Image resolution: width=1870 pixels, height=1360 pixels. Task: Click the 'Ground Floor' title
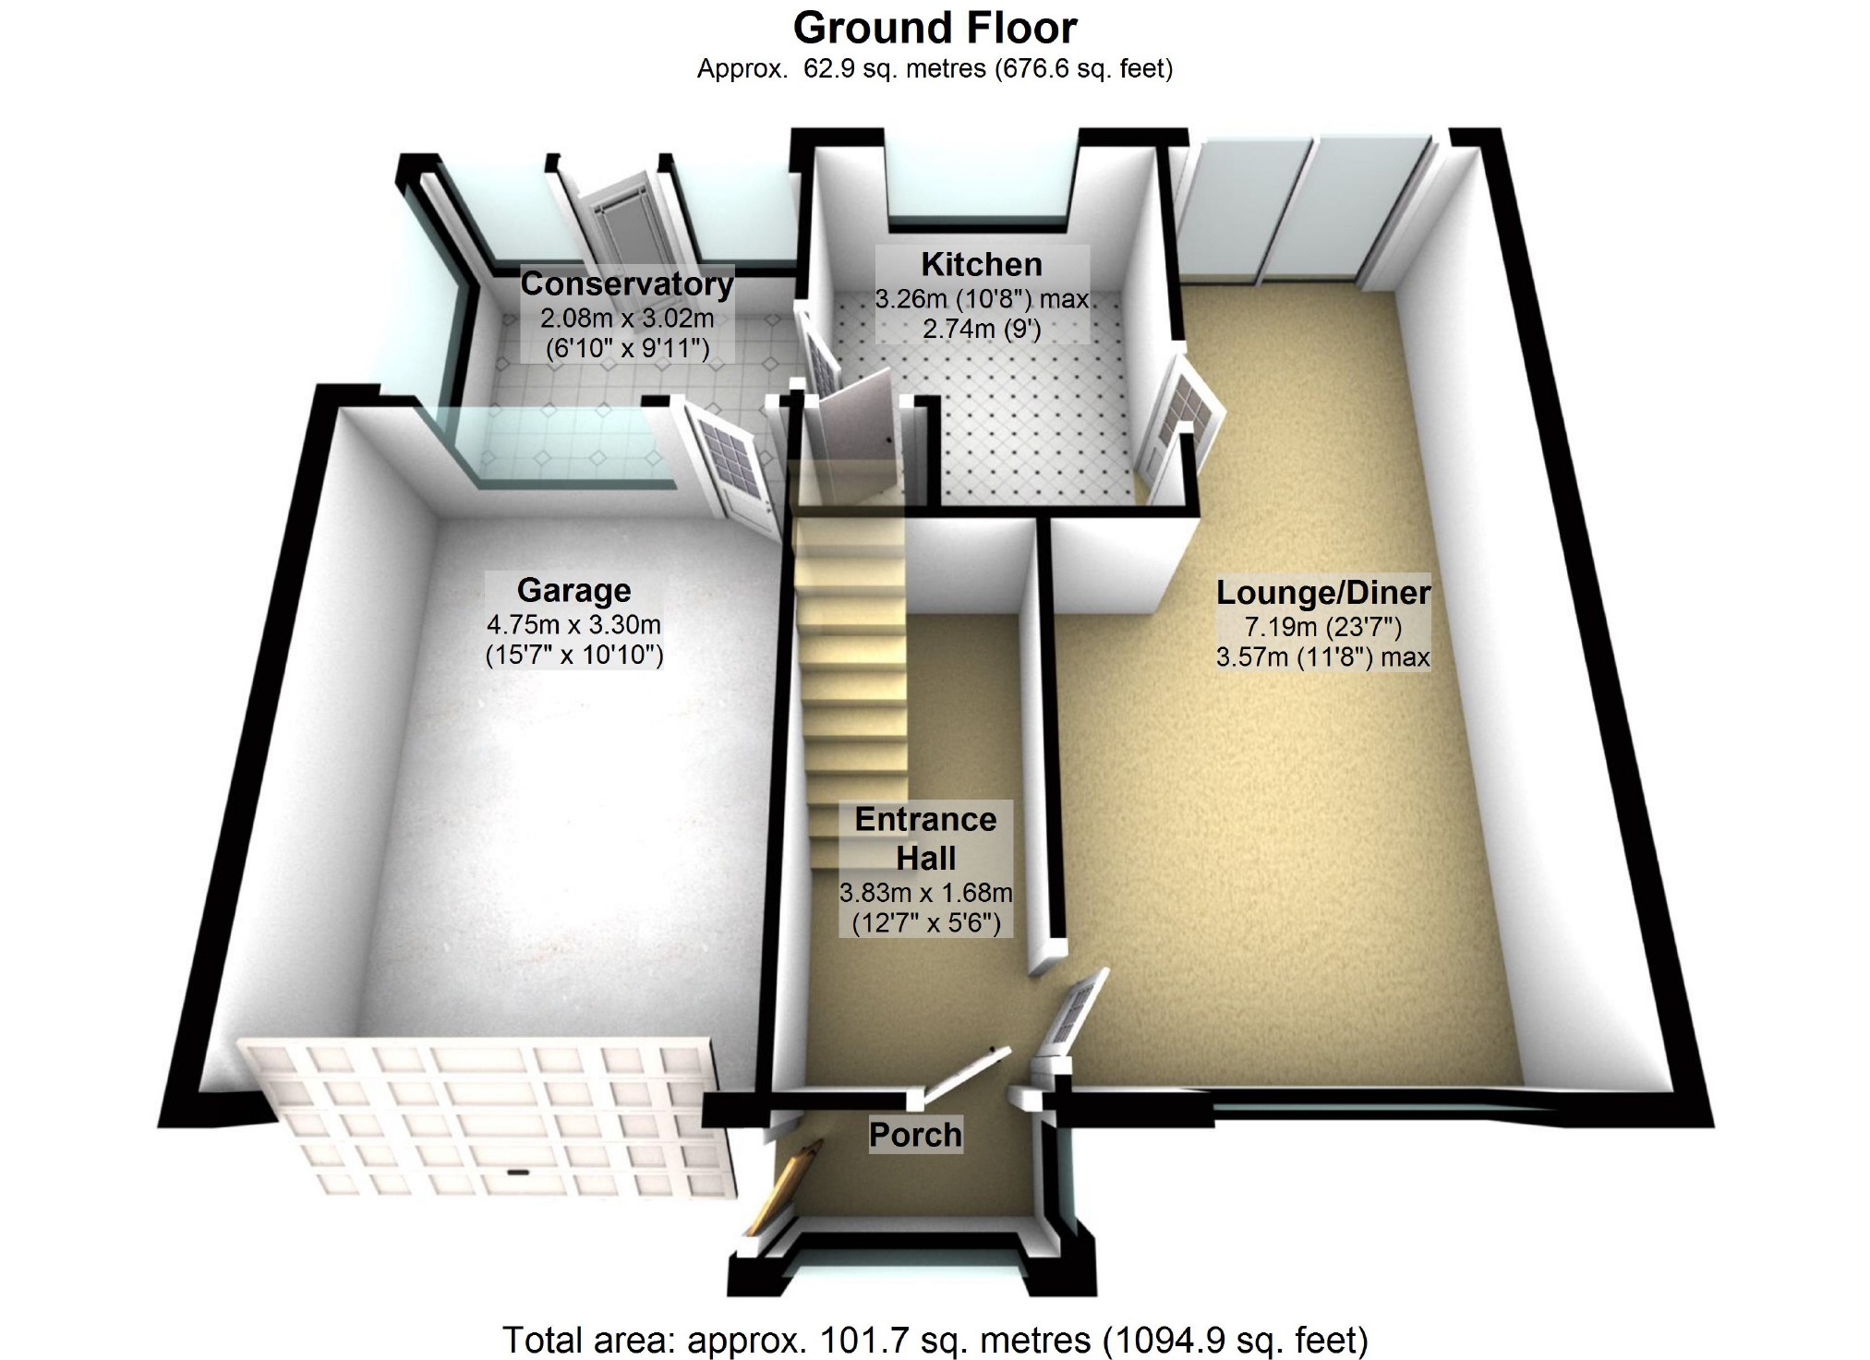[x=935, y=28]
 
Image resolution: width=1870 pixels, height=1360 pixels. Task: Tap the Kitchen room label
[x=982, y=265]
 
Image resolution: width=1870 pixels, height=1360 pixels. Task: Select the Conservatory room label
[x=627, y=284]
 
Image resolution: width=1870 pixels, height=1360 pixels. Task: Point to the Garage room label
[x=573, y=590]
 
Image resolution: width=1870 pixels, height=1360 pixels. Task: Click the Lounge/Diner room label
[x=1322, y=593]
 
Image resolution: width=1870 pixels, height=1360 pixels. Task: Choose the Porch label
[x=915, y=1135]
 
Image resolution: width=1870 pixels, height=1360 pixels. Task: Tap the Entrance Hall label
[x=925, y=838]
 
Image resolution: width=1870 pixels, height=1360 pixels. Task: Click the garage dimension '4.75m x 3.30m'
[x=573, y=625]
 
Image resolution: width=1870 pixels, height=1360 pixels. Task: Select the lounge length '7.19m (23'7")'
[x=1322, y=628]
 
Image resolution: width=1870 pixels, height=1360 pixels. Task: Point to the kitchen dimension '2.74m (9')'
[x=982, y=329]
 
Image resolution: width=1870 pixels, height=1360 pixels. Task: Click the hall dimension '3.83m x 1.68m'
[x=925, y=893]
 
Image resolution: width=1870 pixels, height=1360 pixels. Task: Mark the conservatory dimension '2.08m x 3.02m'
[x=627, y=319]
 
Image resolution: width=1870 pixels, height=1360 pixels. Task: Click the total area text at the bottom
[x=935, y=1339]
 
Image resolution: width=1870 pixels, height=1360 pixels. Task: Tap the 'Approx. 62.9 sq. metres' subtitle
[x=935, y=68]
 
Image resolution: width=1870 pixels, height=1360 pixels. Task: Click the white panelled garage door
[x=489, y=1117]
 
